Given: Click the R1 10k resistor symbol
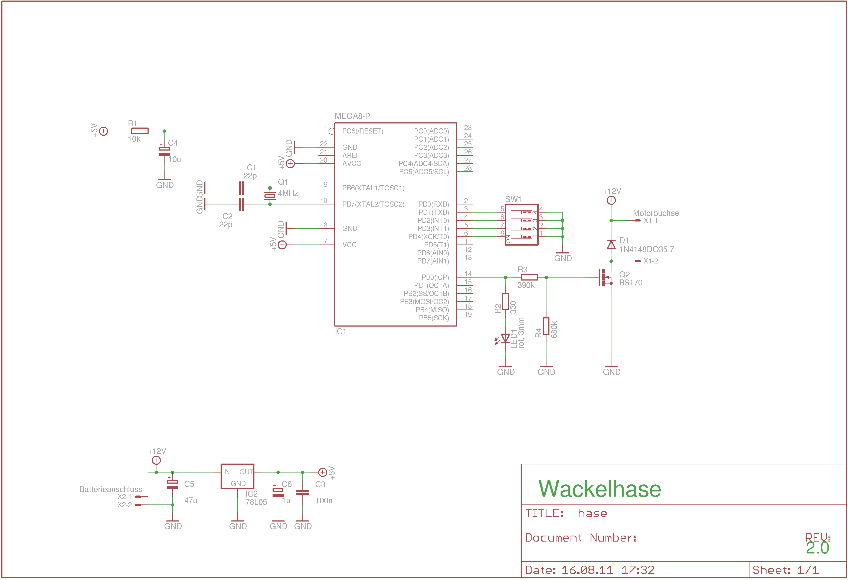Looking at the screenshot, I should coord(140,131).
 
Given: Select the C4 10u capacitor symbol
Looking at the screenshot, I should coord(164,151).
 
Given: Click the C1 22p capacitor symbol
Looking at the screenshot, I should coord(241,188).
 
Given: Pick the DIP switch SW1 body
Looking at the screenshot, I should coord(521,224).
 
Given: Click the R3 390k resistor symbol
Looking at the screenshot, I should coord(529,277).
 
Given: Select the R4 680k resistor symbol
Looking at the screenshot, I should coord(546,326).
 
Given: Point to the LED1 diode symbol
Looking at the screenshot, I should coord(505,338).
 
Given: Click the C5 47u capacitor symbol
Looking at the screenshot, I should coord(172,484).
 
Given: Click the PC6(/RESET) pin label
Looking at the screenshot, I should coord(362,131).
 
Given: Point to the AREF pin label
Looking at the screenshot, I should coord(351,155).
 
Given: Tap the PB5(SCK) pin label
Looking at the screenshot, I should coord(434,318).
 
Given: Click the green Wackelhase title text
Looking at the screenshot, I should coord(600,489).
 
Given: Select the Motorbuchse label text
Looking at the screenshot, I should coord(656,213).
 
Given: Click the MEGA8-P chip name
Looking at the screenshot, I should coord(352,116).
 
